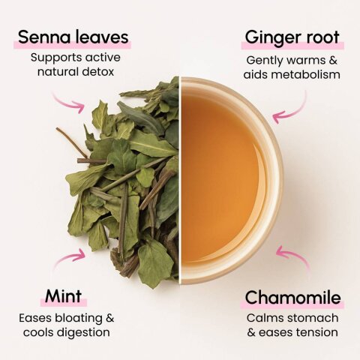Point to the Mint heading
click(63, 296)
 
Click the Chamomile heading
click(292, 298)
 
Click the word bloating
click(79, 319)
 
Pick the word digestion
click(83, 333)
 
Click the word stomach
click(313, 318)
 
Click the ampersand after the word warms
click(333, 60)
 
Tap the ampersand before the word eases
click(251, 333)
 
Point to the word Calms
click(265, 318)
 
